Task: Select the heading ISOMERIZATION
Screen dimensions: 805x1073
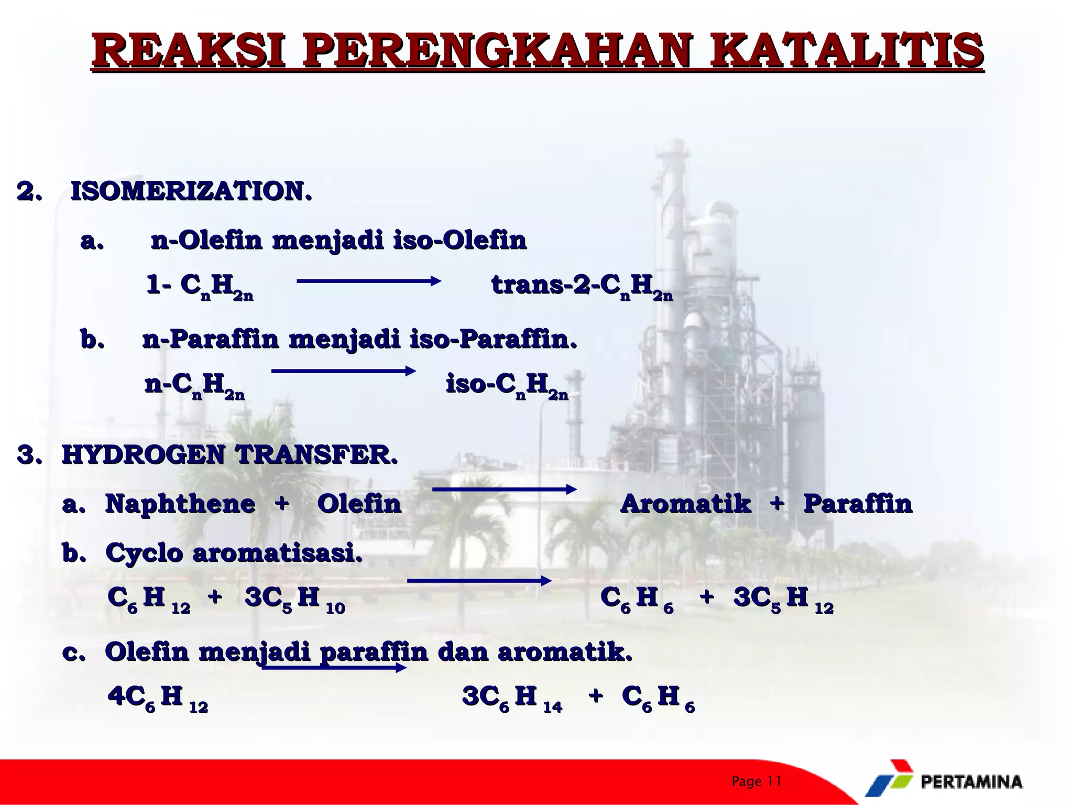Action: (x=191, y=191)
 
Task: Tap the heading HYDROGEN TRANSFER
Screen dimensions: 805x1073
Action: (x=230, y=454)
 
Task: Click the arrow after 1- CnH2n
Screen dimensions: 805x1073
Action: (x=369, y=281)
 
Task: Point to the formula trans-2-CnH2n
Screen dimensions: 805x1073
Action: (x=582, y=286)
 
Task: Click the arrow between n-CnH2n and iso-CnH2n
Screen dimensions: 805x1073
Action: (x=343, y=372)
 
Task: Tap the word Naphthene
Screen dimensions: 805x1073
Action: (x=180, y=504)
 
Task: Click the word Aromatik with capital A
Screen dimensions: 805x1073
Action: (x=685, y=504)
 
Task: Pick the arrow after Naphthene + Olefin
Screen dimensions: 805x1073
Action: (x=504, y=489)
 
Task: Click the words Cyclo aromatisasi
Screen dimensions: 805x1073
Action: (x=234, y=553)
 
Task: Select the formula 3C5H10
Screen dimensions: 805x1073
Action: (x=294, y=599)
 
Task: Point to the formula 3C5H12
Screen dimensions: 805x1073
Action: (x=783, y=599)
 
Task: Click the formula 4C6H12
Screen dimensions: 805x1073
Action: (x=158, y=698)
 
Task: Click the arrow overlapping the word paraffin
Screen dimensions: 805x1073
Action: (x=334, y=668)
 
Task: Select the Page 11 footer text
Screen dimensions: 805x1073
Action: (x=756, y=781)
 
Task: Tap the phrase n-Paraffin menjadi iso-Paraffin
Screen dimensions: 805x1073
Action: (x=359, y=340)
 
